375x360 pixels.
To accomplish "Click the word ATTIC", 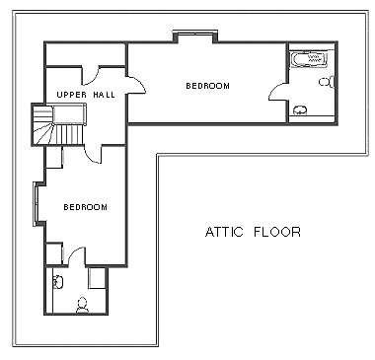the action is point(224,232).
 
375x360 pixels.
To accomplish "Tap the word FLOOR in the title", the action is point(277,232).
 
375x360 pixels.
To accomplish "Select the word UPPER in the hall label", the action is point(72,95).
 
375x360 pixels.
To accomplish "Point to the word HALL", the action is point(104,95).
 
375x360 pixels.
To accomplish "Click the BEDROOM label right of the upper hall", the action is point(208,86).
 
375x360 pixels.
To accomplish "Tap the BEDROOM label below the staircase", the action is point(85,207).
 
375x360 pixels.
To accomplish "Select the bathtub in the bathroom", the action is point(309,59).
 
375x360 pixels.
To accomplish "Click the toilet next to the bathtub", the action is point(327,81).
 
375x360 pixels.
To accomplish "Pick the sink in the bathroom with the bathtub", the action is point(299,109).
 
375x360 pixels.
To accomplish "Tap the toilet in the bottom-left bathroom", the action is point(82,306).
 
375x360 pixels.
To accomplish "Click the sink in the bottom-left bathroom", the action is point(58,282).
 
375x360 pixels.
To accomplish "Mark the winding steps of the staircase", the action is point(42,125).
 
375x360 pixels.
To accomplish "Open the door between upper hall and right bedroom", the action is point(135,85).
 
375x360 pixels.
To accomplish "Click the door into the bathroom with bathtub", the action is point(277,91).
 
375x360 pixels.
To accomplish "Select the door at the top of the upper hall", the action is point(91,75).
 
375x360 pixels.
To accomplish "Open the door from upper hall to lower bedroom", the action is point(93,154).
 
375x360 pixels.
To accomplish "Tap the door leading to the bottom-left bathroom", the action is point(77,256).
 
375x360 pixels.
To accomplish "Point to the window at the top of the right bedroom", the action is point(195,33).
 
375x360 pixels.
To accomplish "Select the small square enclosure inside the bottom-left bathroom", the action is point(98,278).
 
